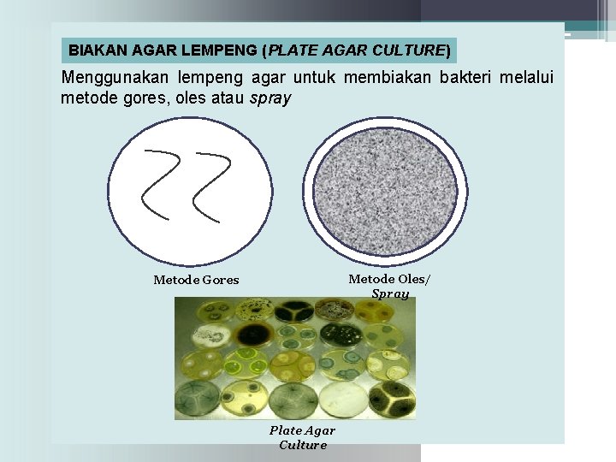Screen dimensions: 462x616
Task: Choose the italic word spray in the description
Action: [x=270, y=98]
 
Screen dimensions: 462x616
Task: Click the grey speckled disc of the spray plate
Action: [x=386, y=195]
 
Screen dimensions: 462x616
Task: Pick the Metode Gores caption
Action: [x=196, y=280]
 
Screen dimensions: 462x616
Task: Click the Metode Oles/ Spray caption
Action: [x=390, y=286]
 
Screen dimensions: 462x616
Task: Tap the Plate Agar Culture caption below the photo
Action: [x=302, y=437]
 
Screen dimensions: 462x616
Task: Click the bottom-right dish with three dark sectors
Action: [x=394, y=400]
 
